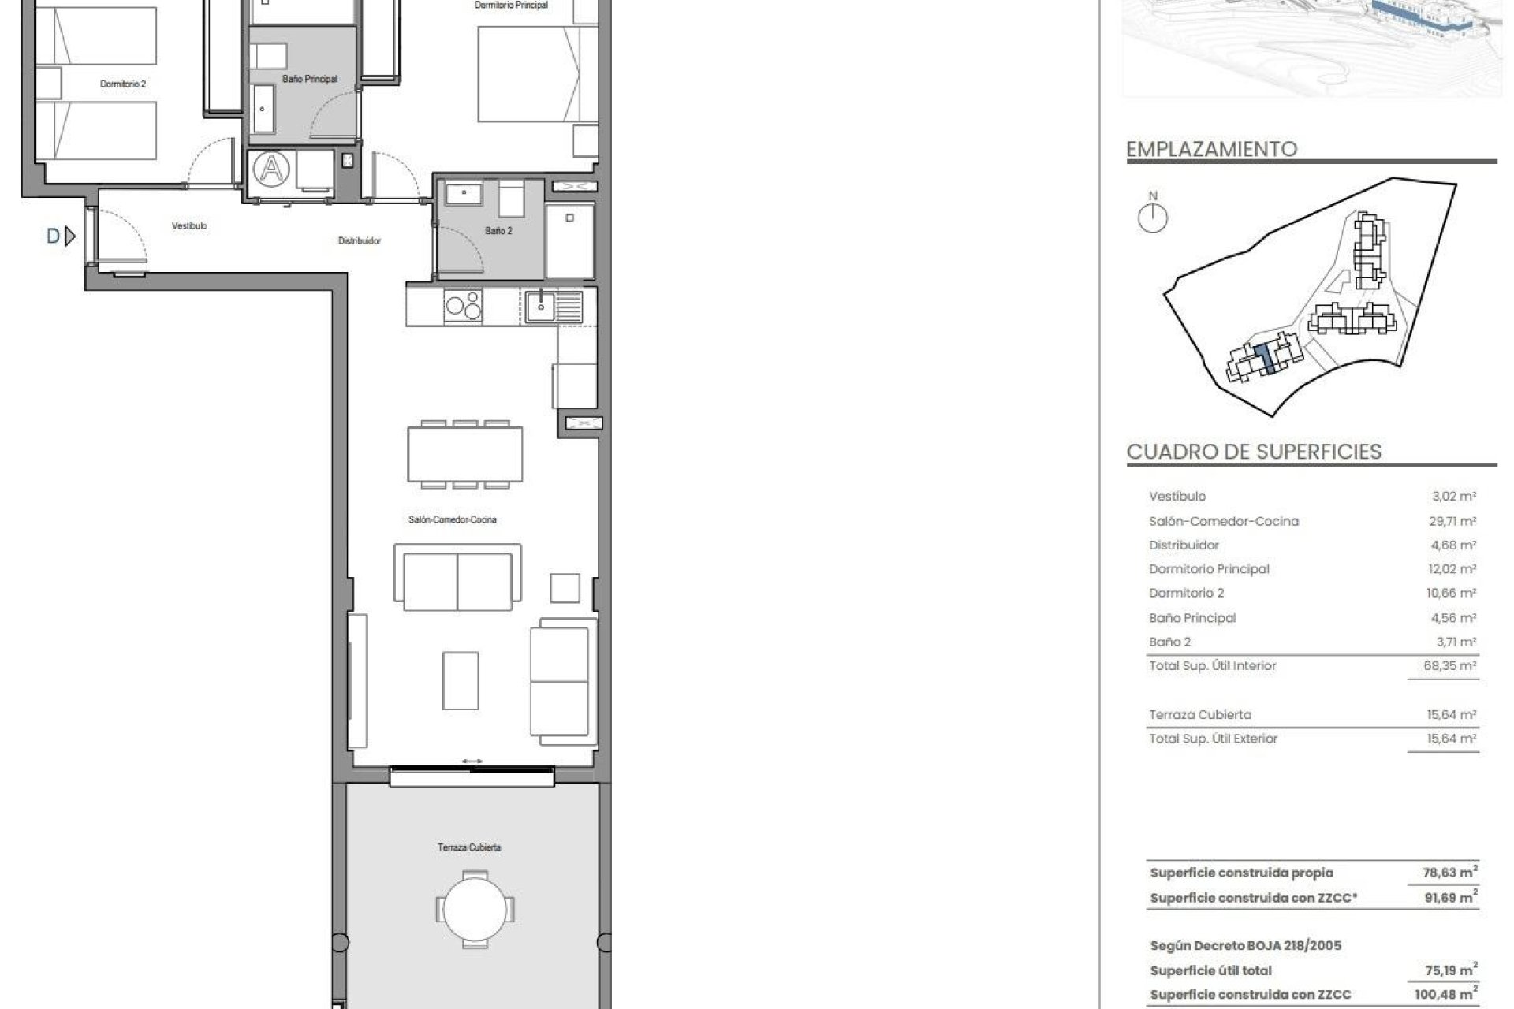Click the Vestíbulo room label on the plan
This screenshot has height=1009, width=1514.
[x=189, y=226]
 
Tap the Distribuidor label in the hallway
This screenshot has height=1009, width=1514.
[x=360, y=241]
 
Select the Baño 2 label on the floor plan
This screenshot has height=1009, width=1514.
[x=498, y=231]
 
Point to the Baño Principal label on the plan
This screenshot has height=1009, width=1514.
[x=310, y=79]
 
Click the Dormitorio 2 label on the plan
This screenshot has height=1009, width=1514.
[x=123, y=84]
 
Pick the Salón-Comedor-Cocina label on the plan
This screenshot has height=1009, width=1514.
[x=453, y=520]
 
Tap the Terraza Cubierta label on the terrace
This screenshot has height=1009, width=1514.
[x=469, y=847]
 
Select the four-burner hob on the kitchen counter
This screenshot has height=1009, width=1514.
[x=463, y=306]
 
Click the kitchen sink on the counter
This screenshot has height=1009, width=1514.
[x=542, y=305]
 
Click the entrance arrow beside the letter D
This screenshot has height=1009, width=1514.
[x=70, y=236]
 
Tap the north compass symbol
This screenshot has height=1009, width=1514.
[x=1153, y=218]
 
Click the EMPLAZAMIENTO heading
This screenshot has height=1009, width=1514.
[x=1211, y=149]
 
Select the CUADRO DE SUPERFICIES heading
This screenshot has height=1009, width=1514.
[x=1254, y=452]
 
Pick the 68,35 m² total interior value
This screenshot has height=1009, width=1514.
[x=1449, y=666]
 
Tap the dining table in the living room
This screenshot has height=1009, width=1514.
[x=465, y=455]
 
